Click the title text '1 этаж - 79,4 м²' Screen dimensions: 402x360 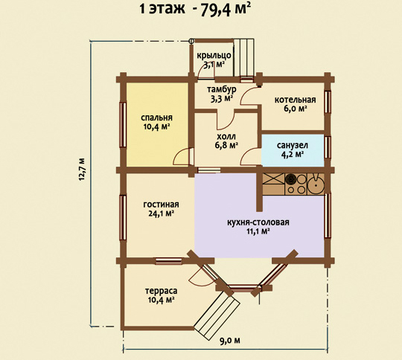(195, 9)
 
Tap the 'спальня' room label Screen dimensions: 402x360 (156, 118)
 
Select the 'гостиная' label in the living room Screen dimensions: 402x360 (161, 205)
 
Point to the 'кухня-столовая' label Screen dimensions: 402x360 (258, 222)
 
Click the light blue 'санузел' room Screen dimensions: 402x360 (293, 150)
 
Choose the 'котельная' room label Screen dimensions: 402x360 (295, 100)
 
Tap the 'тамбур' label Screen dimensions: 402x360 (222, 89)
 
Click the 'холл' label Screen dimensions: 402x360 (226, 136)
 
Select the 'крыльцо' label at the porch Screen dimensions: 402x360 (214, 55)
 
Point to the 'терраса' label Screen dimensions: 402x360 (161, 291)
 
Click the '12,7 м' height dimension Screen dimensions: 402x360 (82, 170)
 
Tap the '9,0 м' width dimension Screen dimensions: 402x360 (230, 341)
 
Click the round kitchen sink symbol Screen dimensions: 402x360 (316, 184)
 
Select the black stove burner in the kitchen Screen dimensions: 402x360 (291, 179)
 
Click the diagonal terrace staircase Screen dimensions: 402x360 (217, 314)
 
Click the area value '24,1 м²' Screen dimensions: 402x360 (162, 213)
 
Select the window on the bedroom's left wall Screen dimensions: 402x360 (123, 125)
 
